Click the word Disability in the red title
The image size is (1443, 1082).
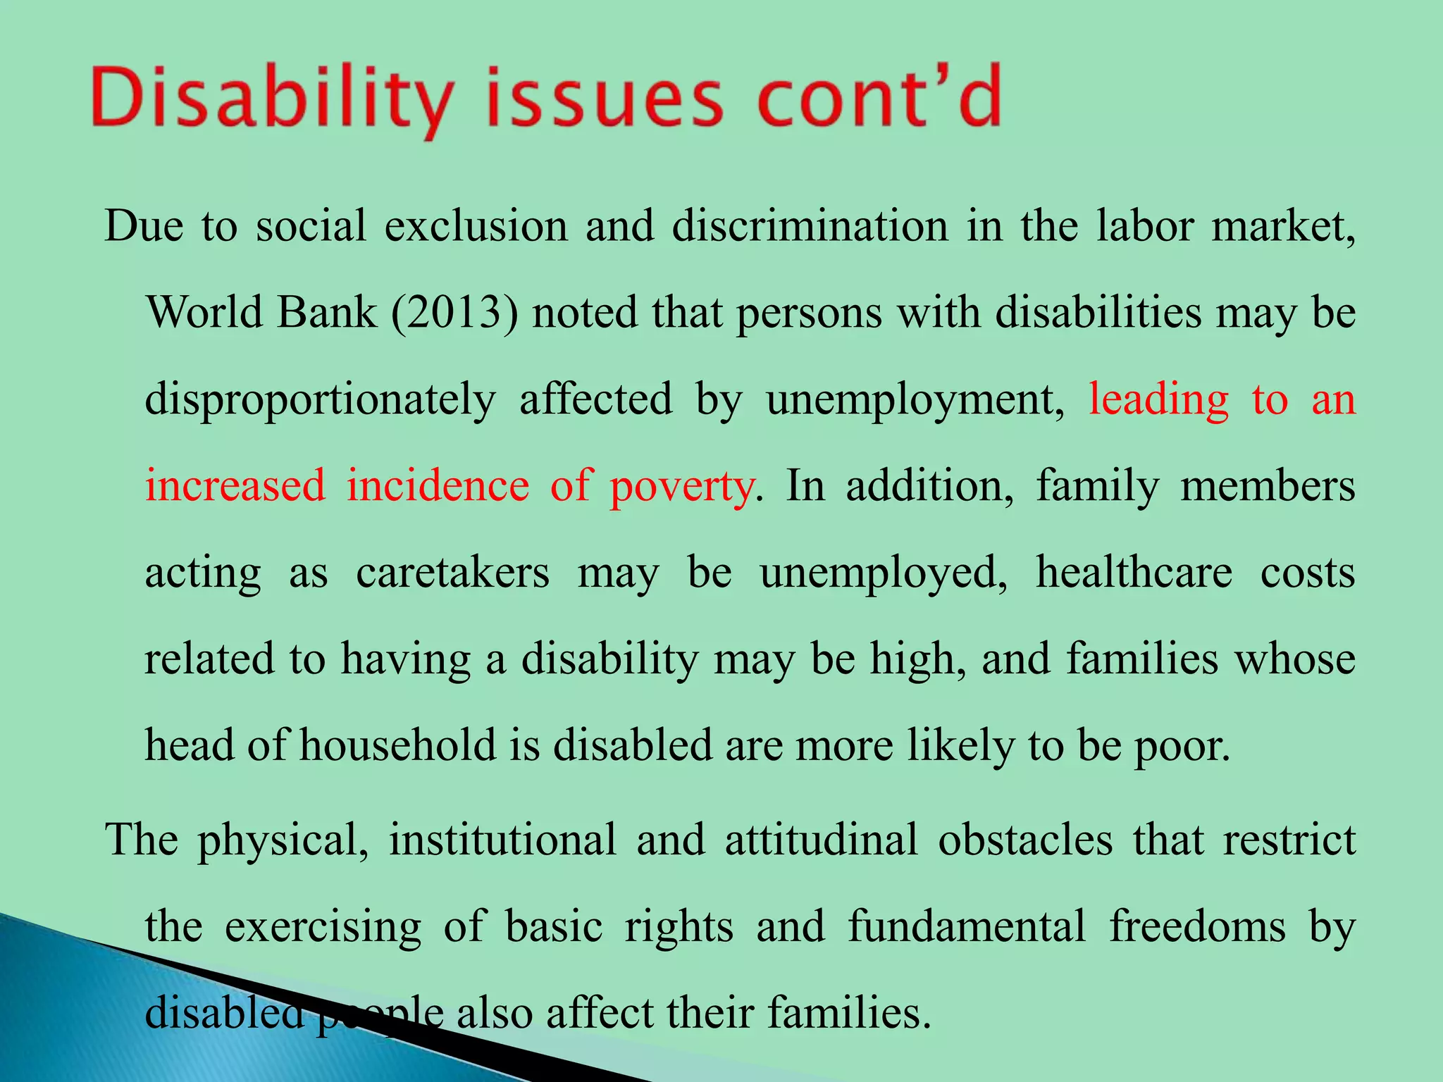tap(271, 99)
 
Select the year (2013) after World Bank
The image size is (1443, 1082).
tap(454, 312)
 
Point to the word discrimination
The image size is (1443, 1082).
tap(810, 226)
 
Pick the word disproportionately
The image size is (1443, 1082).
tap(321, 399)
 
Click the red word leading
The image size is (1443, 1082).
tap(1159, 399)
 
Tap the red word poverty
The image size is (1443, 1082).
tap(681, 486)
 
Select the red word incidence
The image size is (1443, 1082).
tap(438, 486)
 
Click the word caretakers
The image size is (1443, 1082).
tap(452, 572)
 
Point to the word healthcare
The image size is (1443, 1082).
tap(1134, 572)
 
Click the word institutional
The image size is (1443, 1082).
tap(502, 839)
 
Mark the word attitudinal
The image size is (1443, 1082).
tap(822, 839)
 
